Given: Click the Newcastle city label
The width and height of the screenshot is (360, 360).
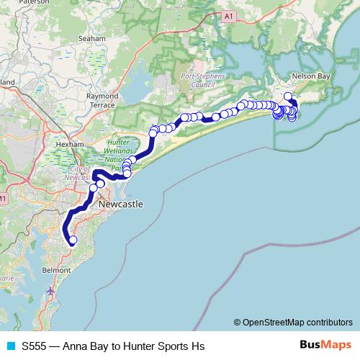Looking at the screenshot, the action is [120, 204].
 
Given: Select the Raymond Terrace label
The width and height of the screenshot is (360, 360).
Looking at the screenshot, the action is [102, 100].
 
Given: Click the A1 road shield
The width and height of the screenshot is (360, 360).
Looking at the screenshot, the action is [228, 15].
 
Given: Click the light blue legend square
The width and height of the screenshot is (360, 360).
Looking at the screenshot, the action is [11, 346].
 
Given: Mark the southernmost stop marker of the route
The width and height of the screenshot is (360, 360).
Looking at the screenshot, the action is [72, 240].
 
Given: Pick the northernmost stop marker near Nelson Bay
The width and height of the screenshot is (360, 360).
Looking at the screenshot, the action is [288, 96].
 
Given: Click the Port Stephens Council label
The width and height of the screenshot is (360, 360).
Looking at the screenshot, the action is [203, 78].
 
